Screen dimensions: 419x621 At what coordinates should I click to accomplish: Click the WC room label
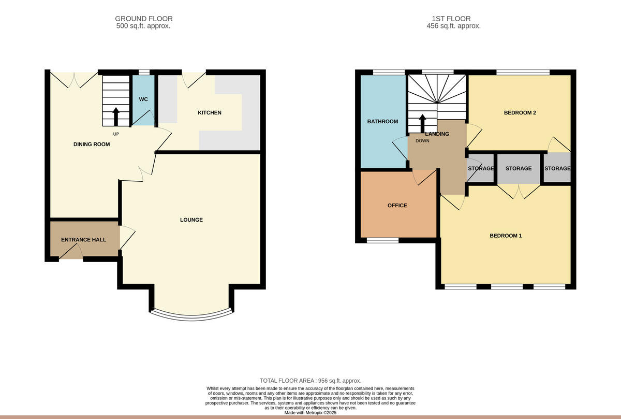(x=143, y=99)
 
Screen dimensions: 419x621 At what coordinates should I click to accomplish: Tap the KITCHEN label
(x=210, y=112)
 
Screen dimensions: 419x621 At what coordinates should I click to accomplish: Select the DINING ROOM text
(x=92, y=145)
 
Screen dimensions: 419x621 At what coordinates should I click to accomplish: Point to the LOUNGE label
(x=191, y=220)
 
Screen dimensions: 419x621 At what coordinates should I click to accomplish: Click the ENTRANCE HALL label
(x=83, y=240)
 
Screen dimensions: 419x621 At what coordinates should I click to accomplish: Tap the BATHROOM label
(x=382, y=122)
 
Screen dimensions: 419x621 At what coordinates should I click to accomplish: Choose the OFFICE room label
(x=397, y=206)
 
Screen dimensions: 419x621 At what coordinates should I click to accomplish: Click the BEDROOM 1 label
(x=506, y=236)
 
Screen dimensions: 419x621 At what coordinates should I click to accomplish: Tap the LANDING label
(x=437, y=134)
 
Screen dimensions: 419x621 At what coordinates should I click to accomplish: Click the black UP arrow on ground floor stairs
(x=115, y=115)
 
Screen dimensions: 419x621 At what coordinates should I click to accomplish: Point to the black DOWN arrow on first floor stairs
(x=422, y=123)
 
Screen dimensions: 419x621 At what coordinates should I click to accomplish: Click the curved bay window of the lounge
(x=191, y=314)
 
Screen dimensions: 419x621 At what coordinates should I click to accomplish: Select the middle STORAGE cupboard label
(x=518, y=168)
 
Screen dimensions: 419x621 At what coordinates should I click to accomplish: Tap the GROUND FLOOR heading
(x=144, y=19)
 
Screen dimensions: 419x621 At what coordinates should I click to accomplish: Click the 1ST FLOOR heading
(x=453, y=19)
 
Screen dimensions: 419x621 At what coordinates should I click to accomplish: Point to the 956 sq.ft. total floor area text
(x=310, y=381)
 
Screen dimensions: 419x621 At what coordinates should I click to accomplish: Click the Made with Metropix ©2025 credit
(x=310, y=413)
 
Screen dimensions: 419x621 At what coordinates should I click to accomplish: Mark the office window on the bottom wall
(x=383, y=240)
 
